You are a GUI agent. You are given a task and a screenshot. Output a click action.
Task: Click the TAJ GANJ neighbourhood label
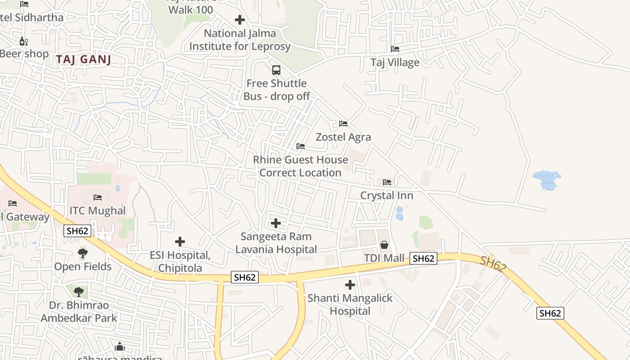84,59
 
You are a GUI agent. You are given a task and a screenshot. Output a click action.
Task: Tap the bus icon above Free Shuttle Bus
276,70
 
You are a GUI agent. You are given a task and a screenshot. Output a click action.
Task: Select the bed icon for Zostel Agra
343,124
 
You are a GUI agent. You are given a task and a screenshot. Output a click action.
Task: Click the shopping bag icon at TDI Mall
384,245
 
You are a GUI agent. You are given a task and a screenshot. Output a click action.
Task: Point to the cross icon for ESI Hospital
180,242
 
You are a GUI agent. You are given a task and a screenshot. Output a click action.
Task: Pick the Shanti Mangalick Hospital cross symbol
350,285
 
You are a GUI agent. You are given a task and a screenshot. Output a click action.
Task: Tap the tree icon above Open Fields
83,253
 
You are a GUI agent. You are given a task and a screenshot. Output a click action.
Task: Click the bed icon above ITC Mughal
97,198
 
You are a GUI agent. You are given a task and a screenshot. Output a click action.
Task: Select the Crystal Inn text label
387,195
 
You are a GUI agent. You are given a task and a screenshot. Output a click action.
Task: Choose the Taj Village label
395,62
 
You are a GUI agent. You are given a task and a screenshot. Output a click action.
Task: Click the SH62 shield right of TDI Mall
423,258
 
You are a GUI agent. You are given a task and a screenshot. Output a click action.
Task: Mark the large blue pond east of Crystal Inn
546,180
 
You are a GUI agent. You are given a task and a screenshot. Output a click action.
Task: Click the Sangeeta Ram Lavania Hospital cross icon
276,223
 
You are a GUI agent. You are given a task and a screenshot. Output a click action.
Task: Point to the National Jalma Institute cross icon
240,20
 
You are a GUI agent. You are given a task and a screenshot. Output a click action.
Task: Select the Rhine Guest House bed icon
300,146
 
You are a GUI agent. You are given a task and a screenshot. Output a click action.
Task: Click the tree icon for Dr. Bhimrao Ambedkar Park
79,292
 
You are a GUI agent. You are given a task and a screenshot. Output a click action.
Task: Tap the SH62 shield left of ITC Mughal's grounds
77,231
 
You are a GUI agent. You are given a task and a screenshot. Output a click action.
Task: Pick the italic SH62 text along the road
493,264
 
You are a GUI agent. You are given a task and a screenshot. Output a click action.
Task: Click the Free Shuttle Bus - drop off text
277,90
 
